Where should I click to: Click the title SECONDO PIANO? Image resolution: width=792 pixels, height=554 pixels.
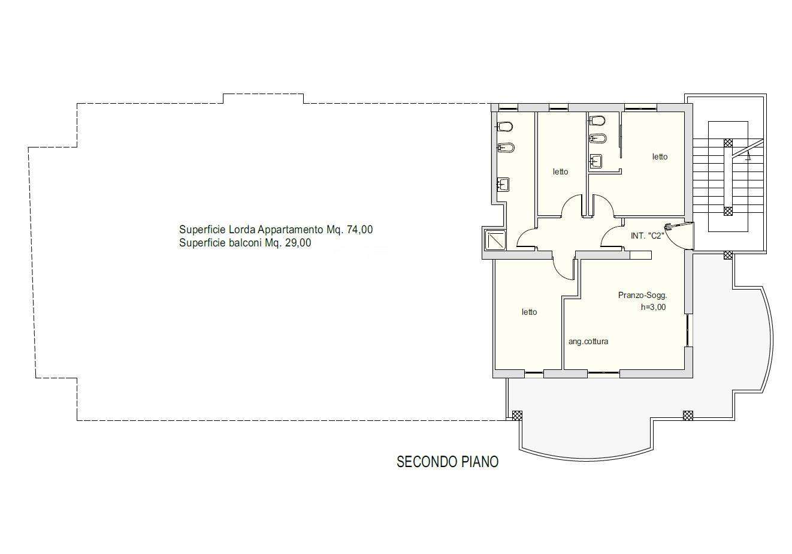448,462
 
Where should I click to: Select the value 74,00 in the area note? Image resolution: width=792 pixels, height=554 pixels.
360,230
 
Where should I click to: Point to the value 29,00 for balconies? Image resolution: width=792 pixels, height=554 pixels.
298,243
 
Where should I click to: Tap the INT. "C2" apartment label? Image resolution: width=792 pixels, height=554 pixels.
648,236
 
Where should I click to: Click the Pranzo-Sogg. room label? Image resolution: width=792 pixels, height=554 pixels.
642,295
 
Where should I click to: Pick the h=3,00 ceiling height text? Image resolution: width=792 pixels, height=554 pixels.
654,307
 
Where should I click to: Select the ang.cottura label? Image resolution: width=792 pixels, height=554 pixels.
588,341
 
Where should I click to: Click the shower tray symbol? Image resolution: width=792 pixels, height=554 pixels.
495,240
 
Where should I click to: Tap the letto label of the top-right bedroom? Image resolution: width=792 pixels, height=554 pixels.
660,156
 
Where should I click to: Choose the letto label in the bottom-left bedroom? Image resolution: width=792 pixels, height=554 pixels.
529,312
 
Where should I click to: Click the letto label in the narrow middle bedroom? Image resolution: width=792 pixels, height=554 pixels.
560,171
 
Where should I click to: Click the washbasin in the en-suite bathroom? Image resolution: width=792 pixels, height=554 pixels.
595,161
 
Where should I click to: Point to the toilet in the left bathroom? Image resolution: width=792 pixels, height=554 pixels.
506,127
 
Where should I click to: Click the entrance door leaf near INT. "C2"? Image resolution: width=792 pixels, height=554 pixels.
679,224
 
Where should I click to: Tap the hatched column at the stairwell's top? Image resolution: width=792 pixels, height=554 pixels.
728,143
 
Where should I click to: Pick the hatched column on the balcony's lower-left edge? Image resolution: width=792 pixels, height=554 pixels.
517,415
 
